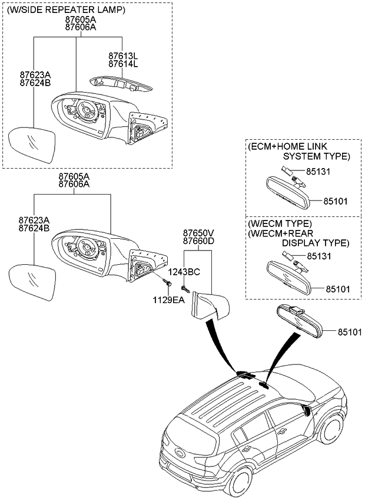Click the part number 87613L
pos(122,55)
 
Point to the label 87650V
pos(198,233)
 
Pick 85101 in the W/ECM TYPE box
pos(335,289)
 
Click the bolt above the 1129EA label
pos(169,285)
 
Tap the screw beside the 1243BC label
pos(184,288)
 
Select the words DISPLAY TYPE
pos(315,242)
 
